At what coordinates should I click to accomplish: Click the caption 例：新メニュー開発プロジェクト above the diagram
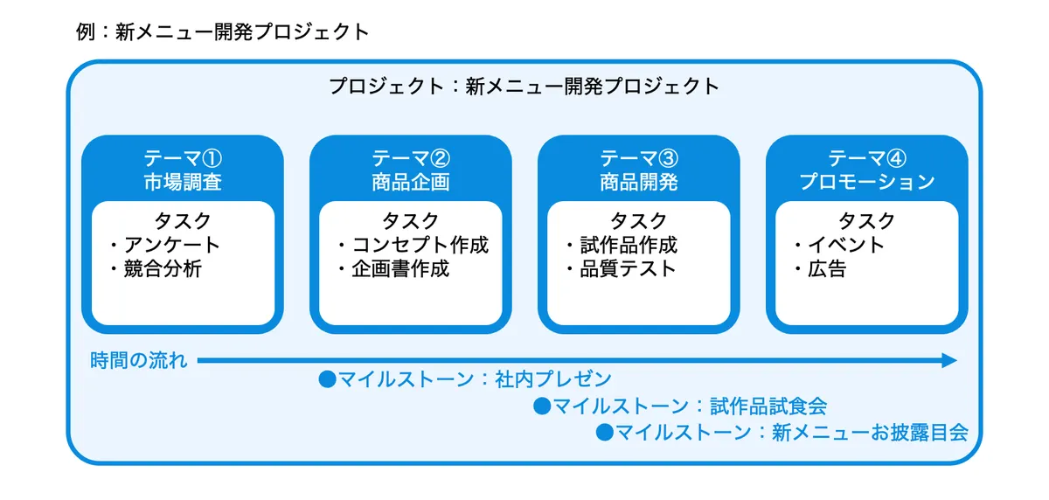point(223,32)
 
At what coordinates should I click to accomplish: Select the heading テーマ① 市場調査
point(183,170)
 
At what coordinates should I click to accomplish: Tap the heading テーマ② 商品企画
point(411,170)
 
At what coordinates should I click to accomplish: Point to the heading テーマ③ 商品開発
point(639,170)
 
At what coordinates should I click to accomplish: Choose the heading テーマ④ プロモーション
point(867,170)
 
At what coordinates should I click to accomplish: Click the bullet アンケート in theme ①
point(171,245)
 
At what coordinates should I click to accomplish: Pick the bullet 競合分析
point(163,268)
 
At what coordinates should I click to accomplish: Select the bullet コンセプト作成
point(420,245)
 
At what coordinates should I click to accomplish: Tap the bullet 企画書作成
point(400,268)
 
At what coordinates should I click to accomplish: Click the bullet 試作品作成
point(629,245)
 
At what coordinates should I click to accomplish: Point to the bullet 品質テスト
point(628,268)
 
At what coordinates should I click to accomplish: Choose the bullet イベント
point(846,245)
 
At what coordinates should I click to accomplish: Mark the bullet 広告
point(827,268)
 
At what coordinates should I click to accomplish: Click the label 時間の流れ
point(139,360)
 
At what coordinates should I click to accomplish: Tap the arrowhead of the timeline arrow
point(949,360)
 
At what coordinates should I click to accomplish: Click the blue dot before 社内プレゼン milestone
point(327,379)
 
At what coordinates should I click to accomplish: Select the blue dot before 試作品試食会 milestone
point(542,406)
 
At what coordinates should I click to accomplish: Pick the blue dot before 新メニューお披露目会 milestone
point(605,432)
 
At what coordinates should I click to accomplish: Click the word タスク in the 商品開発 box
point(638,220)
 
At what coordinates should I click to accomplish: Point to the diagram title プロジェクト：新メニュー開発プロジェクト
point(524,87)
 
